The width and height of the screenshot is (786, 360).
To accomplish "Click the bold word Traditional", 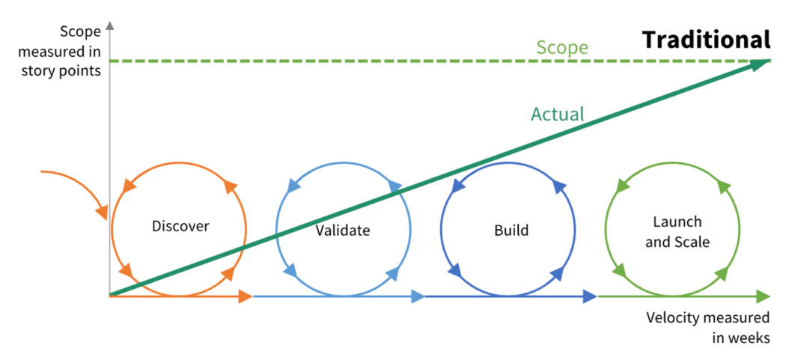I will tap(706, 39).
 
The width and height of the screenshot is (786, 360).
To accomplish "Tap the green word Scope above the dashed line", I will tap(562, 47).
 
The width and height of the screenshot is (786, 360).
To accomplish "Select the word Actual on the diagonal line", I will tap(557, 114).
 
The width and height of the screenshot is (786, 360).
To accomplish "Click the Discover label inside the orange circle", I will tap(180, 225).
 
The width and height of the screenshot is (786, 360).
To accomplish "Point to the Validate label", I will tap(343, 230).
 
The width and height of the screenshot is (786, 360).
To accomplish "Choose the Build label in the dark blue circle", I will tap(511, 230).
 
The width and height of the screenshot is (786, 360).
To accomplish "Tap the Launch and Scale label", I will tap(677, 231).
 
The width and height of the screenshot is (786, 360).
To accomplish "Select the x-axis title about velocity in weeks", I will tap(707, 327).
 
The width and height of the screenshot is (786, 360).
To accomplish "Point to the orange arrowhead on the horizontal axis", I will tap(244, 297).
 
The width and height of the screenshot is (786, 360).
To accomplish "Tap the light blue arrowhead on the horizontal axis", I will tap(416, 297).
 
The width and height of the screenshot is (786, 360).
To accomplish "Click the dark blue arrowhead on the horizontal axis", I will tap(588, 297).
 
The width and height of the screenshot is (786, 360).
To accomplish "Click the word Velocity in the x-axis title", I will tap(671, 317).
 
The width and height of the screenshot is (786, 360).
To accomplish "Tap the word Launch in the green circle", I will tap(677, 222).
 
